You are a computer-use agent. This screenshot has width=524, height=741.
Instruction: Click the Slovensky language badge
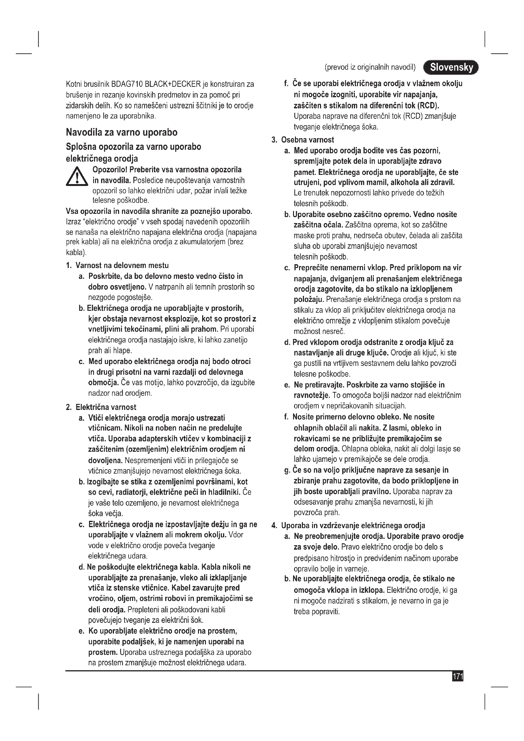click(451, 67)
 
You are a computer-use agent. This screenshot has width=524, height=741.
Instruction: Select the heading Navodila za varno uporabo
click(122, 132)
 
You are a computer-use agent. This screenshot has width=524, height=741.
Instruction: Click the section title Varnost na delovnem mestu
click(122, 265)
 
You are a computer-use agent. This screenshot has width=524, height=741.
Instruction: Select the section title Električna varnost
click(106, 407)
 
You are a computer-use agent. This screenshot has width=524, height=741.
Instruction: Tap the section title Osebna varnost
click(308, 140)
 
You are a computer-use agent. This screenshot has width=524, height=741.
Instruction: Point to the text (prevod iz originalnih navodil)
click(370, 67)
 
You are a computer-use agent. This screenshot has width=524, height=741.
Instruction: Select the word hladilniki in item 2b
click(222, 492)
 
